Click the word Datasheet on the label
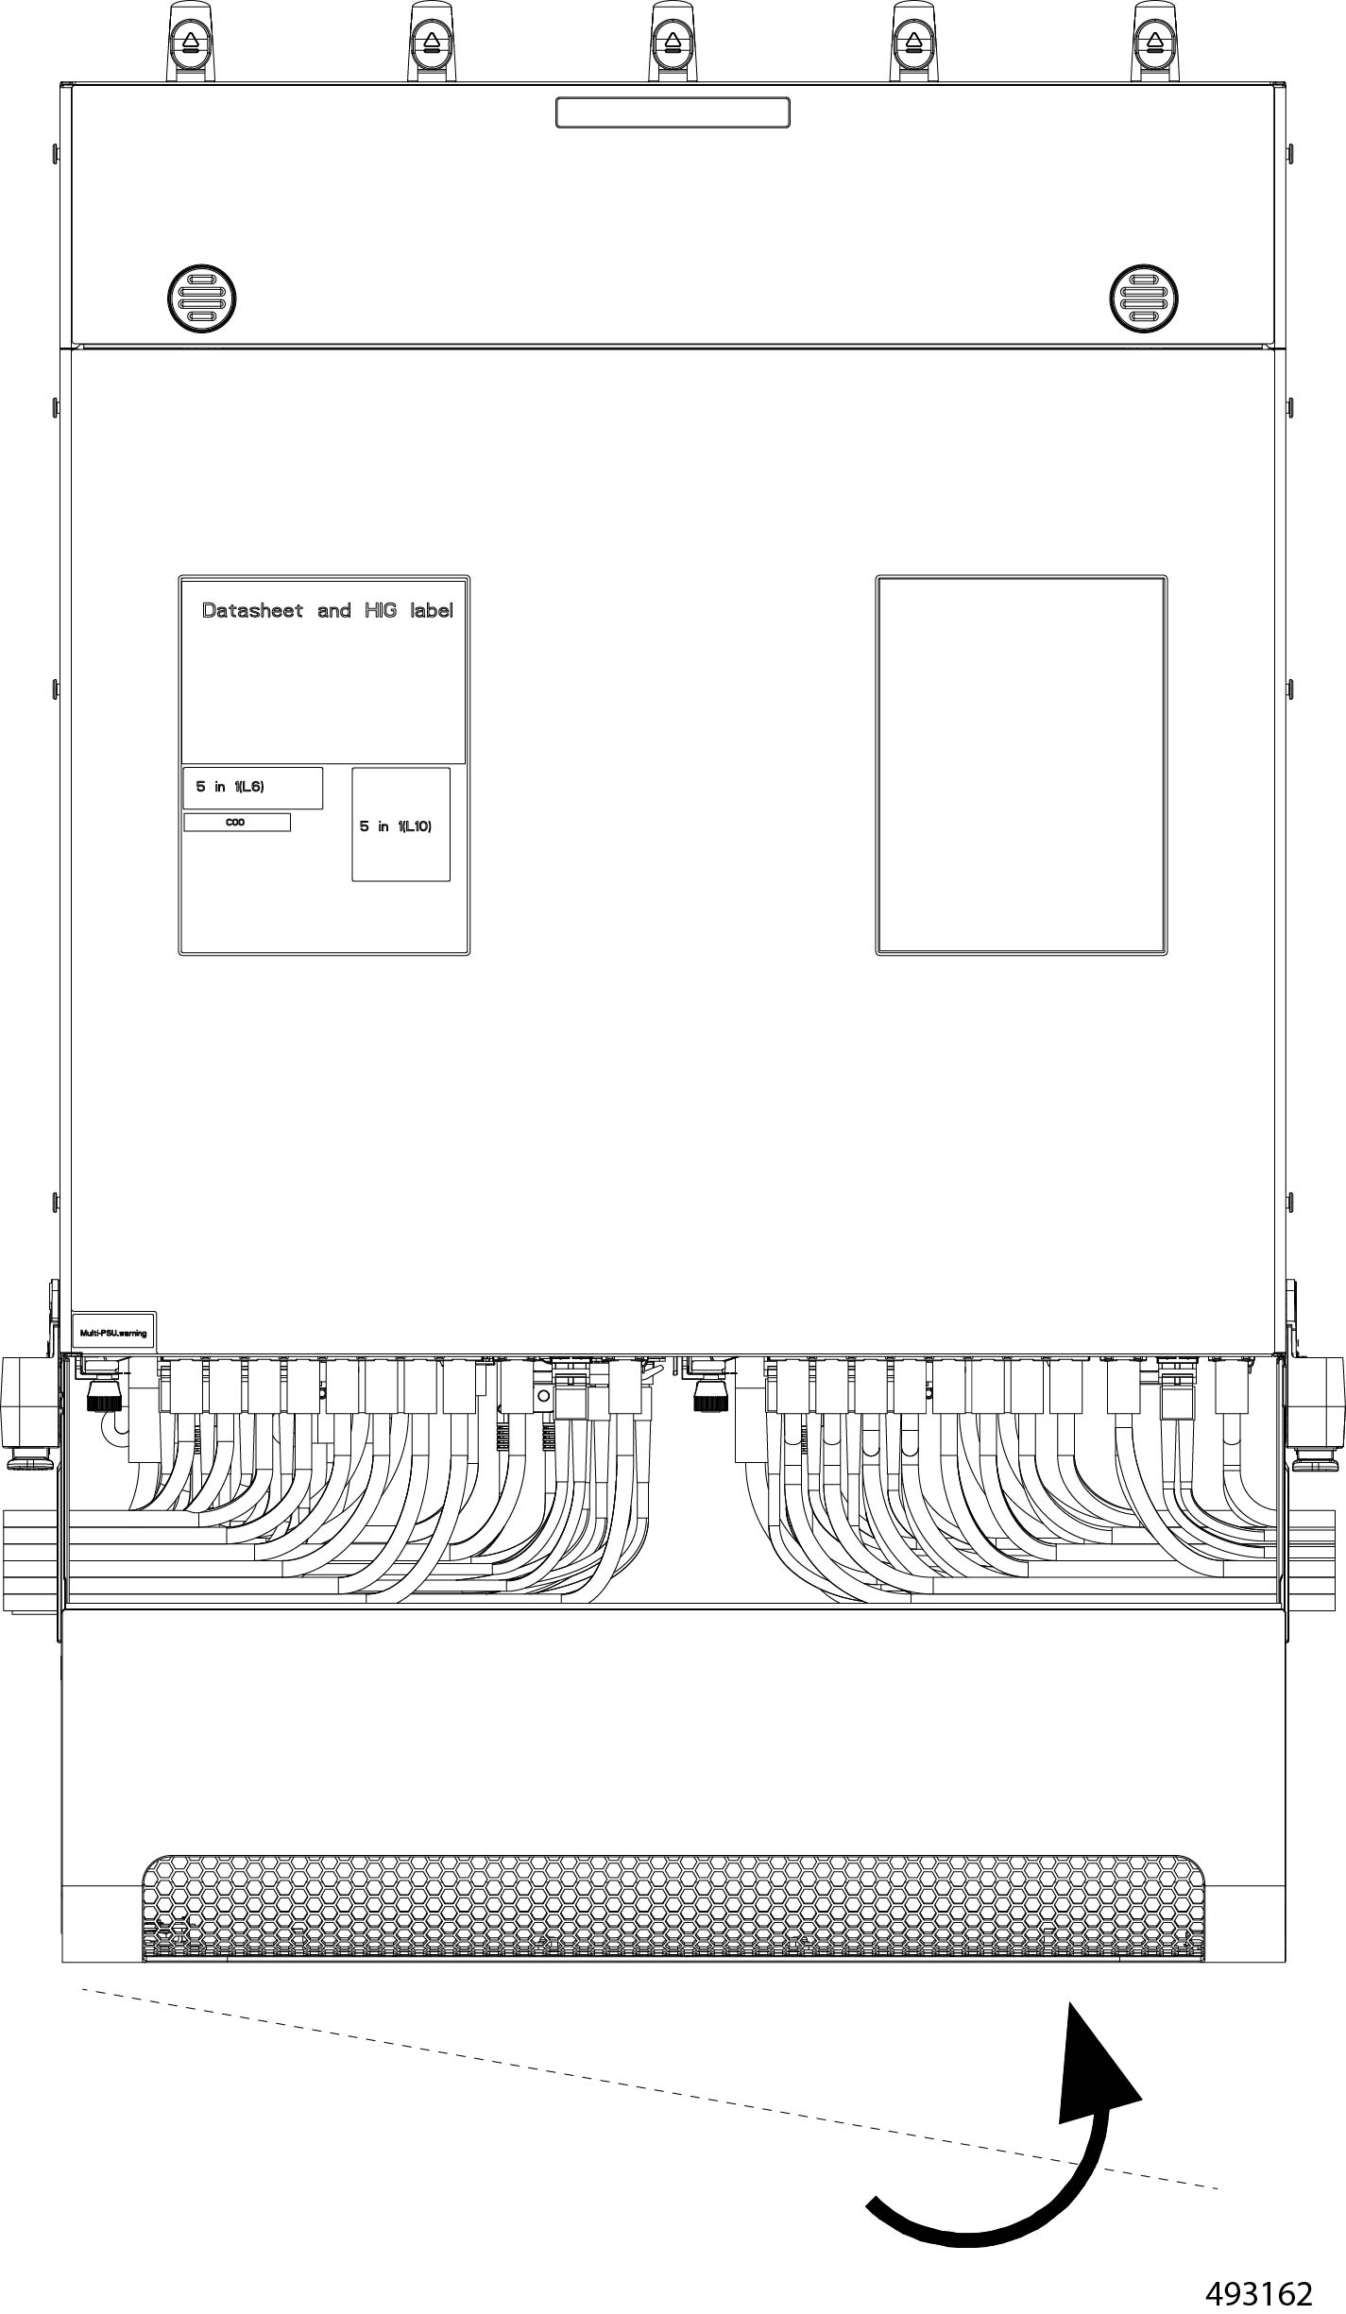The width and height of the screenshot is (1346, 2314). click(x=252, y=611)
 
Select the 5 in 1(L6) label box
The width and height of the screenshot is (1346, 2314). click(x=252, y=788)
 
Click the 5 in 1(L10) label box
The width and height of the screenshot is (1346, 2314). click(x=400, y=825)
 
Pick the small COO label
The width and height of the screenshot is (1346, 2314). click(x=236, y=823)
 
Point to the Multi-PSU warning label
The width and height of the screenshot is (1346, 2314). click(x=113, y=1333)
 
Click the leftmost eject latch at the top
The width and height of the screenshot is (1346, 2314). click(x=191, y=43)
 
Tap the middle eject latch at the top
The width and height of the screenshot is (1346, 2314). click(x=673, y=43)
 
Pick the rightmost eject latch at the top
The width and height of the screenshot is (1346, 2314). click(x=1153, y=43)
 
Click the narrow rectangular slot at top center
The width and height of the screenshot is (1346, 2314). click(x=673, y=112)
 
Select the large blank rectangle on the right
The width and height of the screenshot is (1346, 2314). click(x=1021, y=765)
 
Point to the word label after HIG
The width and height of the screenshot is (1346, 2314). click(x=431, y=611)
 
